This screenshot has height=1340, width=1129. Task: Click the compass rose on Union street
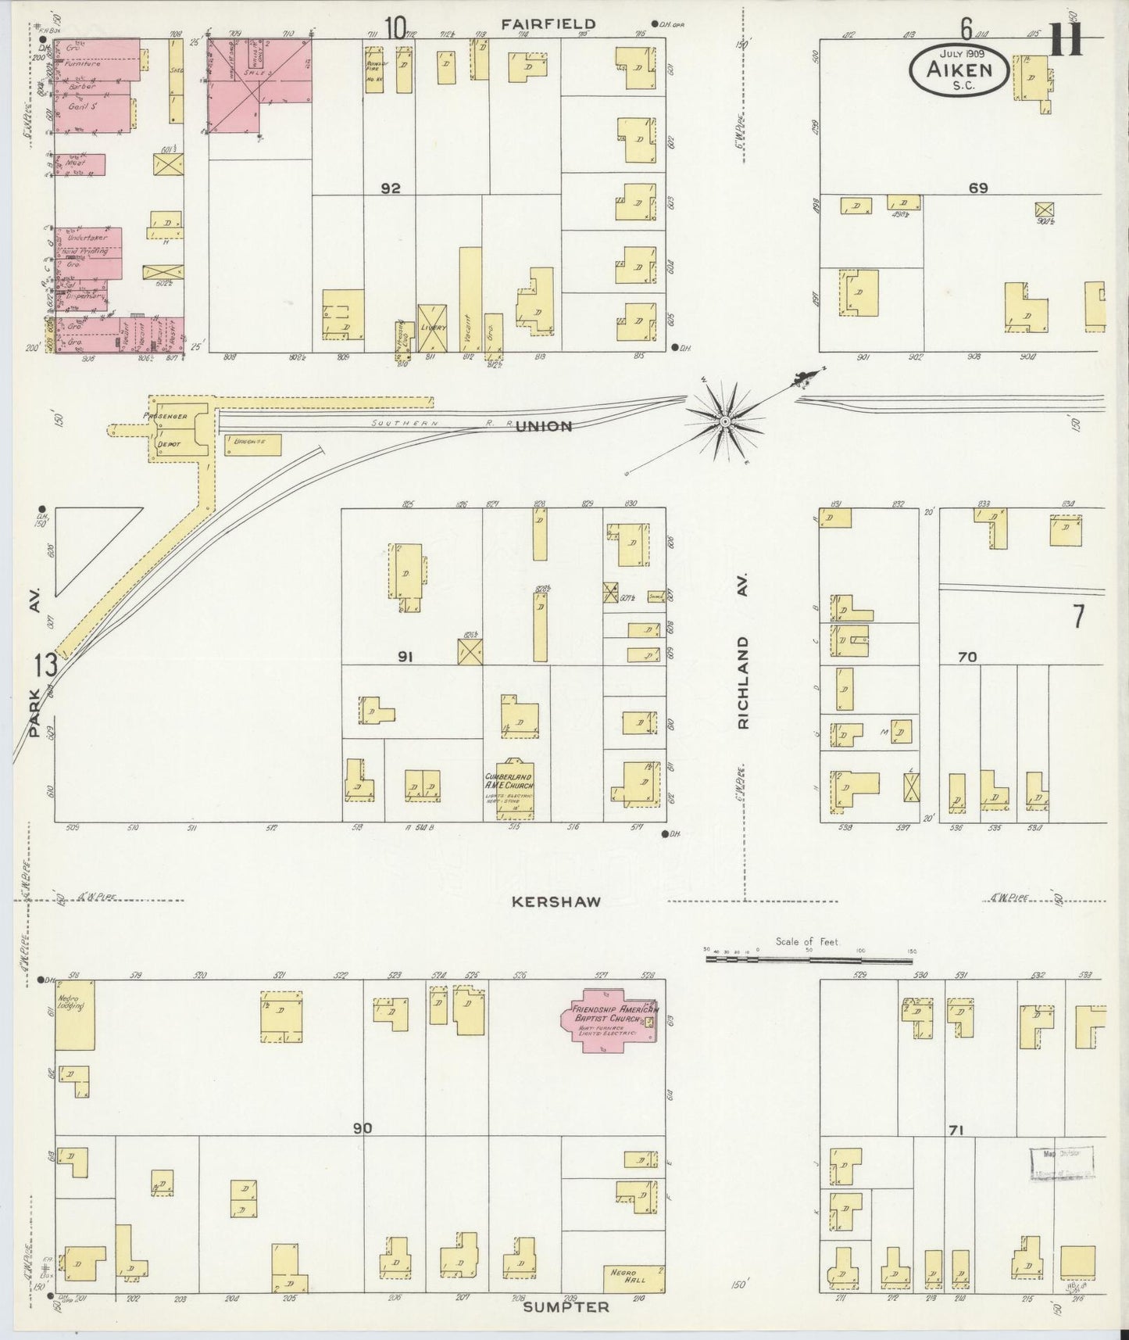point(724,421)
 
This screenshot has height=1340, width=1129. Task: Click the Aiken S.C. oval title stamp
point(959,70)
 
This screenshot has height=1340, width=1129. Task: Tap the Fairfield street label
point(548,24)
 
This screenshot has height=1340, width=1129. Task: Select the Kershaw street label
point(556,901)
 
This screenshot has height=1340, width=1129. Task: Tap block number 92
point(391,188)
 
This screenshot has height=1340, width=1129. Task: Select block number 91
point(405,657)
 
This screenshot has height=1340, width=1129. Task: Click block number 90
point(362,1128)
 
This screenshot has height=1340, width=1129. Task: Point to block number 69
point(978,188)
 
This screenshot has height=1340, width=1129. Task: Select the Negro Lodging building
point(74,1015)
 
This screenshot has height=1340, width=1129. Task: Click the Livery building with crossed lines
point(432,328)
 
